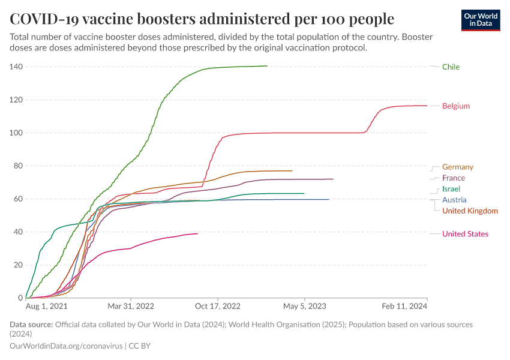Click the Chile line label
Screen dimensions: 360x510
coord(451,67)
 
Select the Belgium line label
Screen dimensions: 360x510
coord(456,106)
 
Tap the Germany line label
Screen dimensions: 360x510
coord(457,167)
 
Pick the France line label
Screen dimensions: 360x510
coord(453,178)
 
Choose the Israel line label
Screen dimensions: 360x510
coord(451,189)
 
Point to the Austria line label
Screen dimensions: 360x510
coord(454,200)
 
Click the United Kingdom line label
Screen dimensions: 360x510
coord(470,211)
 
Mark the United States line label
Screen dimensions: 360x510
coord(465,234)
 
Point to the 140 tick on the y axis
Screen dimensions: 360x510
coord(16,67)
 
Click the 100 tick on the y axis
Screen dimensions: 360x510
coord(16,133)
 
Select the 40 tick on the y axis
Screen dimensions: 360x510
coord(17,232)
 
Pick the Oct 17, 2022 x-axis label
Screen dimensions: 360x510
coord(218,306)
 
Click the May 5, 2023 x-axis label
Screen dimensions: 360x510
coord(305,306)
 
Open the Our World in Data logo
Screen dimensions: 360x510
coord(481,19)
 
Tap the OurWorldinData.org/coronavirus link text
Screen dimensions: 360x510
coord(66,346)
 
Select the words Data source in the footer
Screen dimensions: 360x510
coord(31,325)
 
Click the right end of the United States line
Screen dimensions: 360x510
coord(197,233)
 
